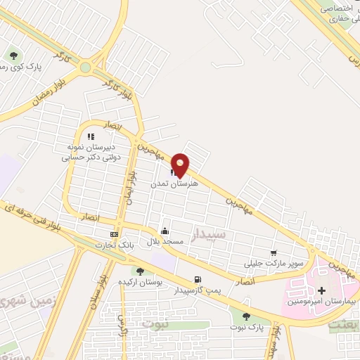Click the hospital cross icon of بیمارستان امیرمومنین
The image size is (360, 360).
(322, 290)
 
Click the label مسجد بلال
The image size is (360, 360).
(164, 241)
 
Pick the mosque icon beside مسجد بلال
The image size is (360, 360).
(165, 231)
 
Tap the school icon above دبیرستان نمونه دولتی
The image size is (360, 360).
(90, 136)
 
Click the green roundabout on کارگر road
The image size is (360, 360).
(86, 68)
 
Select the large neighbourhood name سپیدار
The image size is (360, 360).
(208, 235)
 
